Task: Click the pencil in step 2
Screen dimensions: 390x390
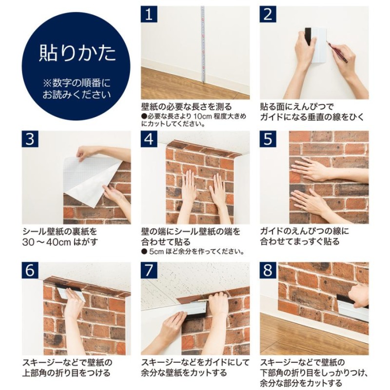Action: click(x=337, y=52)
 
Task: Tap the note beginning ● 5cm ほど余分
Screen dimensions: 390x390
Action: click(x=193, y=252)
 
